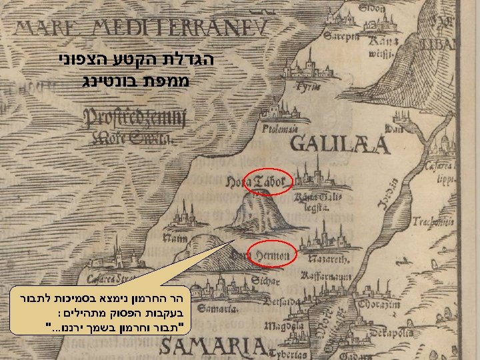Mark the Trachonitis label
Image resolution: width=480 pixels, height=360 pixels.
click(x=431, y=221)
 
